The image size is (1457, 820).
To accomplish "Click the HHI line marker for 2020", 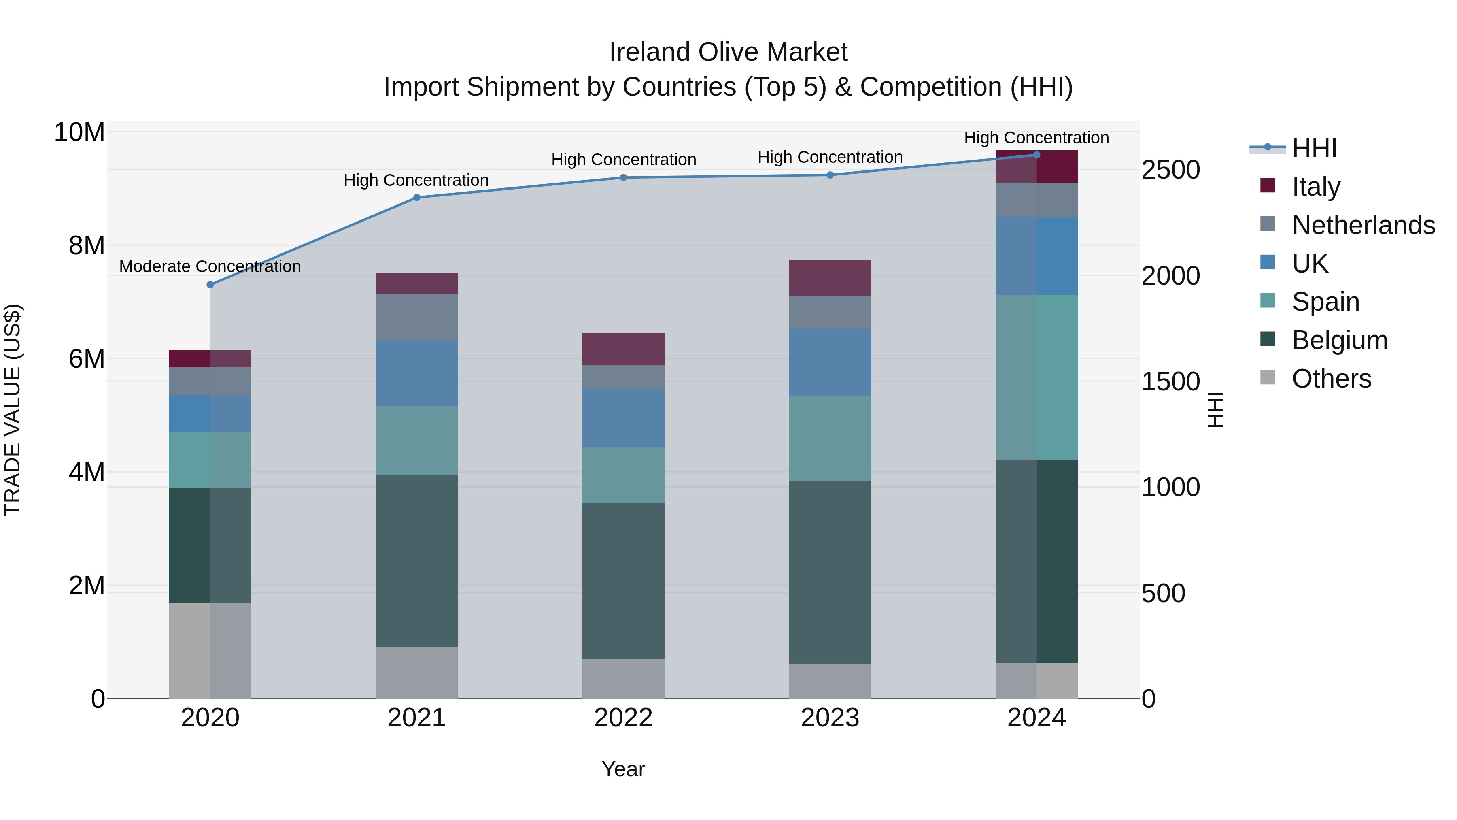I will click(210, 285).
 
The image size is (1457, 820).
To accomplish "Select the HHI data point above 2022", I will click(623, 178).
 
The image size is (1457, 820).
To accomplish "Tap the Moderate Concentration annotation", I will click(210, 266).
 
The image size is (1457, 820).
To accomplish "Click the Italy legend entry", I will click(1316, 187).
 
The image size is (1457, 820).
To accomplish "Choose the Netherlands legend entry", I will click(1363, 225).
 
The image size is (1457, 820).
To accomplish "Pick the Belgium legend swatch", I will click(1268, 339).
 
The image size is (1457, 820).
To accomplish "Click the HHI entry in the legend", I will click(1314, 148).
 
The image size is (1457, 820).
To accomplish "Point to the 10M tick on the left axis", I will click(79, 132).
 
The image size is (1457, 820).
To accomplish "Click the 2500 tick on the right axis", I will click(1170, 170).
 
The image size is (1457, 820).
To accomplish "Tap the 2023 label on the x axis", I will click(830, 718).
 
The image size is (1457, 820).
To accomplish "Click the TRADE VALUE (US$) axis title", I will click(13, 410).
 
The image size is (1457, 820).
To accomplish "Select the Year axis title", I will click(623, 769).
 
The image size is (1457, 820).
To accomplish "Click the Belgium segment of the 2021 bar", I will click(417, 560).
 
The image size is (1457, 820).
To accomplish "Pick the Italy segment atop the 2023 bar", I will click(830, 277).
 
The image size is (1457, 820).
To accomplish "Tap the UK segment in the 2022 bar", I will click(623, 418).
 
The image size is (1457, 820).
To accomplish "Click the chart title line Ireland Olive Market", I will click(728, 52).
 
